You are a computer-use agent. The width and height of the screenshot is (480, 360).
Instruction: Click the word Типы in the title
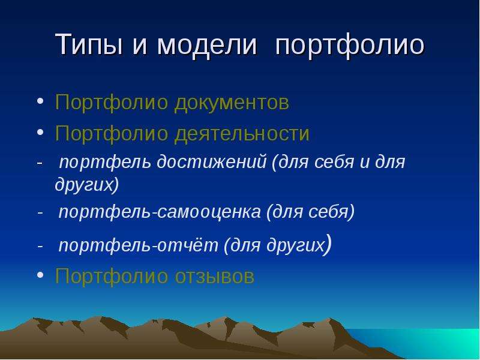point(89,44)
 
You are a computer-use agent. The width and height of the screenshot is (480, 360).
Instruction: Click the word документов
point(232,103)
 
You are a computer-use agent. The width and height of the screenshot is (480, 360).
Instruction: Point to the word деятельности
point(242,134)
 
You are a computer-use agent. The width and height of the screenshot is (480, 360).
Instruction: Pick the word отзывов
point(215,277)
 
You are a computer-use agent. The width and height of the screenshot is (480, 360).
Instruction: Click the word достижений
point(212,162)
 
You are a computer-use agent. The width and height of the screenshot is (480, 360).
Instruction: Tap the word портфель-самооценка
point(160,212)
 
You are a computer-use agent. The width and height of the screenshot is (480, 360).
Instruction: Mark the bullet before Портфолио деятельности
point(40,132)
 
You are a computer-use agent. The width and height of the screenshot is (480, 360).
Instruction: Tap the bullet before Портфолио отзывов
point(40,275)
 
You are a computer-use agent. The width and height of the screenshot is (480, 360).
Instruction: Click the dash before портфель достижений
point(40,163)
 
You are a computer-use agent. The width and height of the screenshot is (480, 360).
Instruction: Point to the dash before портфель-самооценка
point(40,212)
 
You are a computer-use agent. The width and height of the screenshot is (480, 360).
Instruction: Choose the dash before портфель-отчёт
point(40,246)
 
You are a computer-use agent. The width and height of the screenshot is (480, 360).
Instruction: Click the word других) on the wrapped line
point(87,185)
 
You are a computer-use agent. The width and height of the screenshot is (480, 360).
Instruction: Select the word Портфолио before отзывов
point(112,277)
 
